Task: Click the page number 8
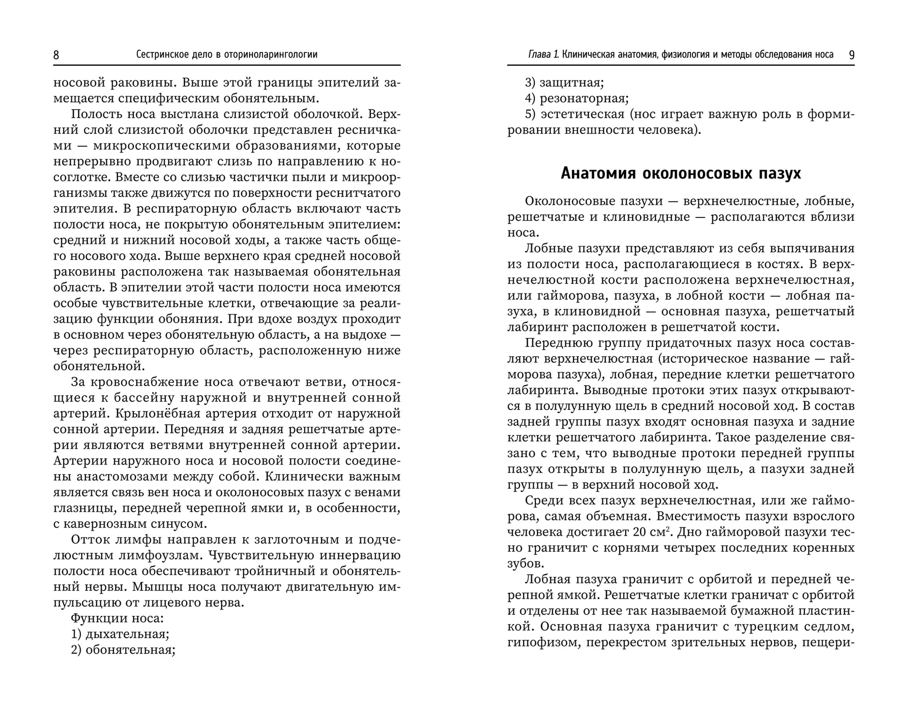click(x=56, y=55)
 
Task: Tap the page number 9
click(x=852, y=55)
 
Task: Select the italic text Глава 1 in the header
click(x=543, y=55)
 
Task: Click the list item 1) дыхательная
click(x=120, y=634)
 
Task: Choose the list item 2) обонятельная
click(x=123, y=650)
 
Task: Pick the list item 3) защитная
click(x=564, y=83)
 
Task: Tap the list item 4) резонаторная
click(x=577, y=98)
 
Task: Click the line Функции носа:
click(x=117, y=618)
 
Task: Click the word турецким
click(x=764, y=626)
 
